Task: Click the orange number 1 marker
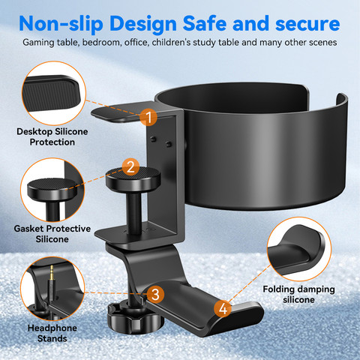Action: [x=148, y=117]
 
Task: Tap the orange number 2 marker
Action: [x=130, y=166]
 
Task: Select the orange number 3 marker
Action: [x=155, y=294]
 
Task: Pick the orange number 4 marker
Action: [x=223, y=308]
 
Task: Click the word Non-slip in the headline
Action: [x=61, y=24]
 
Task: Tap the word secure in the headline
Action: [x=307, y=24]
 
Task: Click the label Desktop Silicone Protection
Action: [x=52, y=136]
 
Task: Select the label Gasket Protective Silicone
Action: [x=52, y=234]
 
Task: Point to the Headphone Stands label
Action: [x=52, y=333]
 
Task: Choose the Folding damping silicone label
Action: [x=298, y=294]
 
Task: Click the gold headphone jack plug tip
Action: [x=52, y=272]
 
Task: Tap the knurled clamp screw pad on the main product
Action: [x=133, y=178]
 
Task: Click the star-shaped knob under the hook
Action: [x=136, y=319]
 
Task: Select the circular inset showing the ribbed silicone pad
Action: [x=54, y=93]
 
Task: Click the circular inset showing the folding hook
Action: [x=299, y=249]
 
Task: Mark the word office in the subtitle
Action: [x=136, y=43]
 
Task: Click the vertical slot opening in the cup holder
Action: [x=322, y=100]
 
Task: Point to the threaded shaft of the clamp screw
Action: [x=134, y=212]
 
